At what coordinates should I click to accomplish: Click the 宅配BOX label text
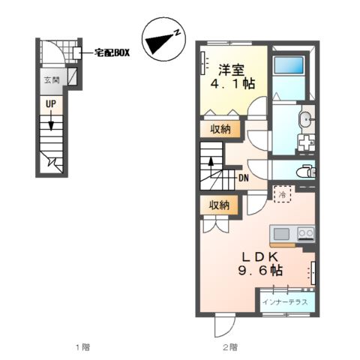coord(112,52)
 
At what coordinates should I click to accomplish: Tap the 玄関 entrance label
coord(51,79)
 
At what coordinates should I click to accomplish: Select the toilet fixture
coord(306,171)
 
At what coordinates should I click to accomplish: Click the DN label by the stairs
coord(244,178)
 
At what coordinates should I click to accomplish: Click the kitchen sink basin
coord(283,233)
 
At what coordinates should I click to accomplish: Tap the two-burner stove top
coord(305,233)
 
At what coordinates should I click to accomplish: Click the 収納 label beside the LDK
coord(219,204)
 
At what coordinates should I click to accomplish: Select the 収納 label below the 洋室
coord(219,128)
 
